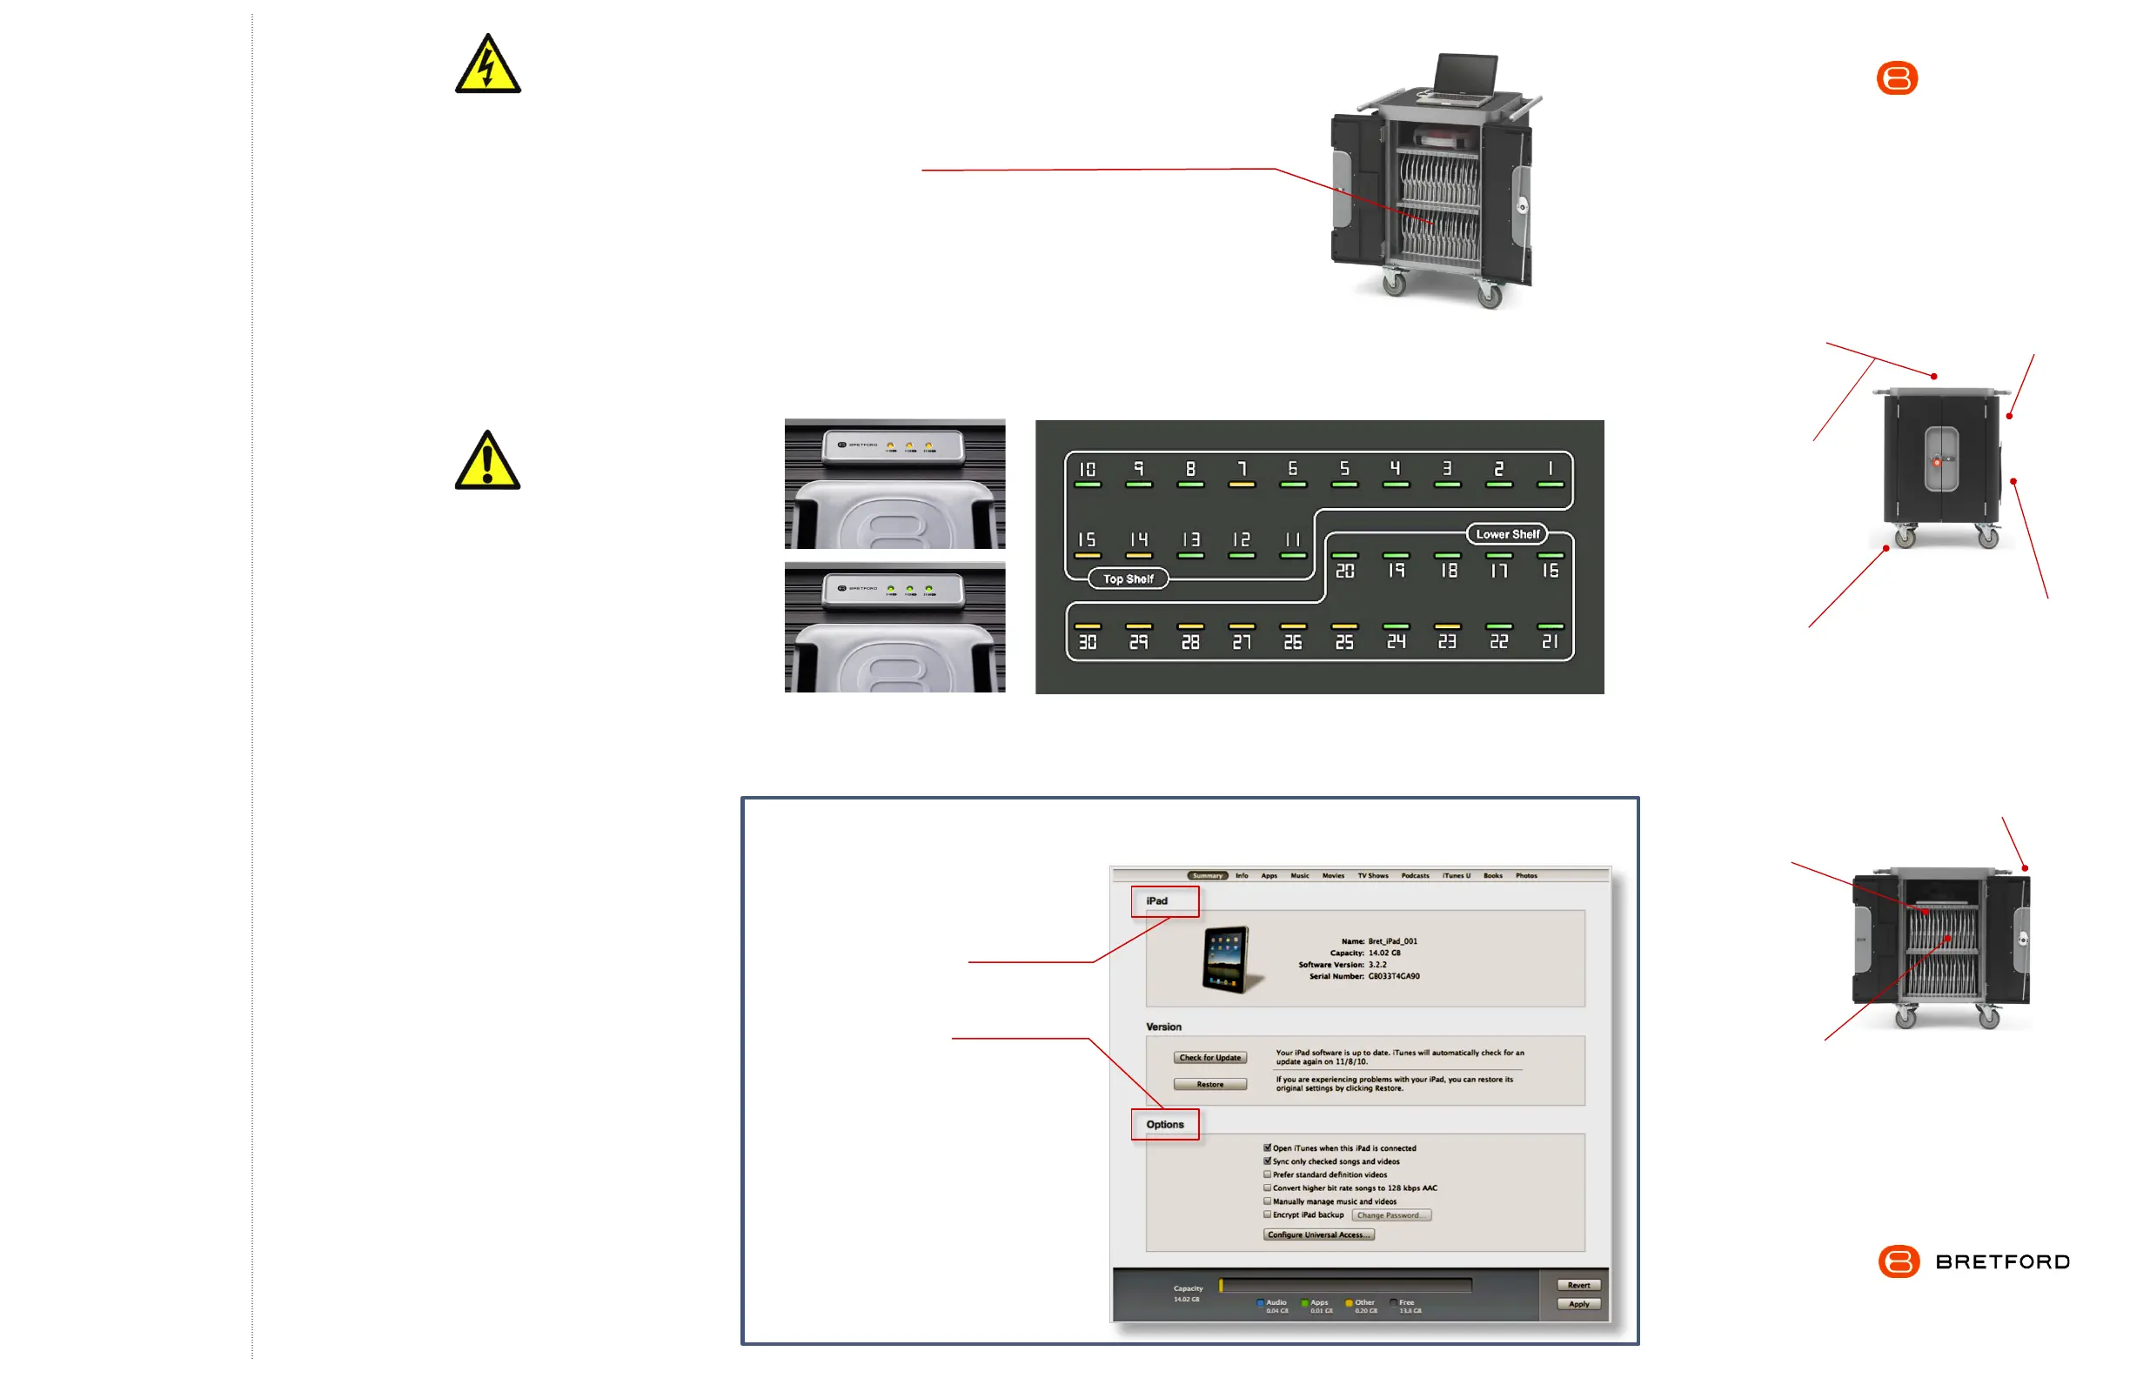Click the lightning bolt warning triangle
tap(487, 66)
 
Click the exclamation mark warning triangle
tap(487, 463)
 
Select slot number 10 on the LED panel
tap(1087, 470)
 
